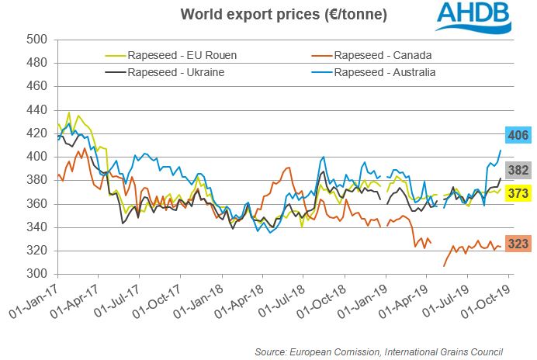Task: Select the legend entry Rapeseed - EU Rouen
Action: coord(183,55)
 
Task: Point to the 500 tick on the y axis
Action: coord(38,40)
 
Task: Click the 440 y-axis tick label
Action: coord(38,110)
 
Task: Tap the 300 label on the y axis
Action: coord(38,275)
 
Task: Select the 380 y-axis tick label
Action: coord(38,181)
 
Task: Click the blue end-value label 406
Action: coord(518,136)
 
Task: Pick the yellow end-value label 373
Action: coord(518,193)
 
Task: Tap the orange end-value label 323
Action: coord(518,244)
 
